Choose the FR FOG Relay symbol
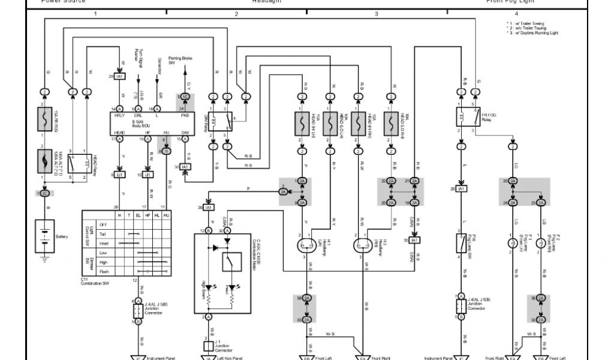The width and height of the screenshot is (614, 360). coord(468,116)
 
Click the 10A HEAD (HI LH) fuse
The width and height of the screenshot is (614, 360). coord(301,122)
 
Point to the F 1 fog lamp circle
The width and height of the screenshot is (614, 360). coord(513,243)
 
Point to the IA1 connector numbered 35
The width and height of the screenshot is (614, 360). coord(414,240)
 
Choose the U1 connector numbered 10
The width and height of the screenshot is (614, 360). coord(148,175)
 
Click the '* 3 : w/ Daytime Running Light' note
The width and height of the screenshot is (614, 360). coord(532,33)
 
